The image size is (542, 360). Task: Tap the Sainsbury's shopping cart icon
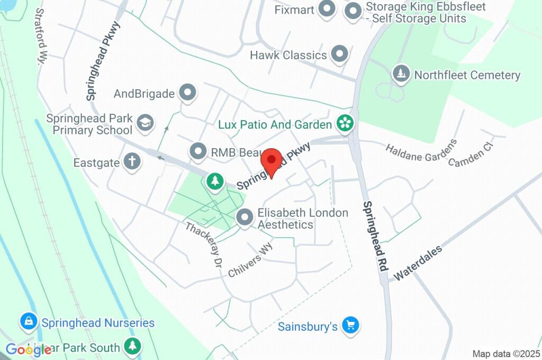pyautogui.click(x=349, y=325)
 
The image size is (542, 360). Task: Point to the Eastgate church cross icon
pyautogui.click(x=132, y=161)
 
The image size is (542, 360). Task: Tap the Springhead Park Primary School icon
pyautogui.click(x=143, y=123)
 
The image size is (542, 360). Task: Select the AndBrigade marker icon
pyautogui.click(x=187, y=93)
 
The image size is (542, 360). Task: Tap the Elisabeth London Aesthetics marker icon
pyautogui.click(x=245, y=217)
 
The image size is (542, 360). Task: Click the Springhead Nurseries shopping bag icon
pyautogui.click(x=28, y=321)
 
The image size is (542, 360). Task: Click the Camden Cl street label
pyautogui.click(x=471, y=154)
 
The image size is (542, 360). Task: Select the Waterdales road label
pyautogui.click(x=418, y=262)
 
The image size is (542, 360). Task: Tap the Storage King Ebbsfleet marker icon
pyautogui.click(x=353, y=11)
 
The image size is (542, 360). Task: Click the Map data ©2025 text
pyautogui.click(x=506, y=354)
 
